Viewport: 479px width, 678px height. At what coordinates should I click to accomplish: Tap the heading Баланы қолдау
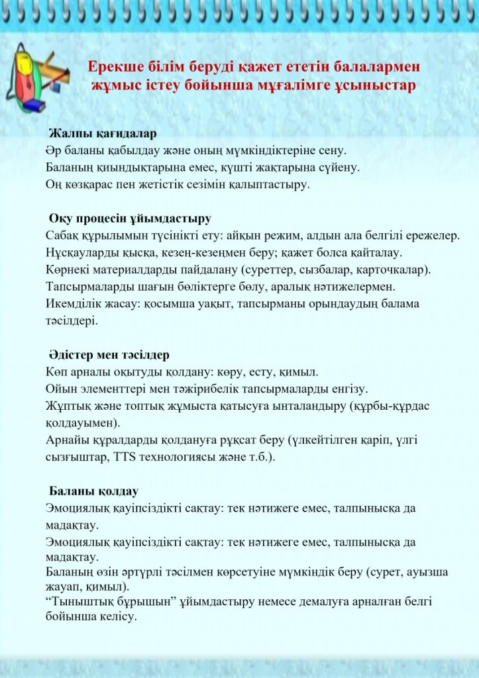tap(93, 491)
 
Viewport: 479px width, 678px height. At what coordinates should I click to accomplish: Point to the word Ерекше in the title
tap(115, 67)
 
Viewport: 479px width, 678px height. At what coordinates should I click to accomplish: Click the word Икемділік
tap(73, 304)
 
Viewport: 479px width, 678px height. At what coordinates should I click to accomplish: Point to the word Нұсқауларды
tap(81, 253)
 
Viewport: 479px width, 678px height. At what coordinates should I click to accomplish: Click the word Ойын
tap(60, 388)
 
